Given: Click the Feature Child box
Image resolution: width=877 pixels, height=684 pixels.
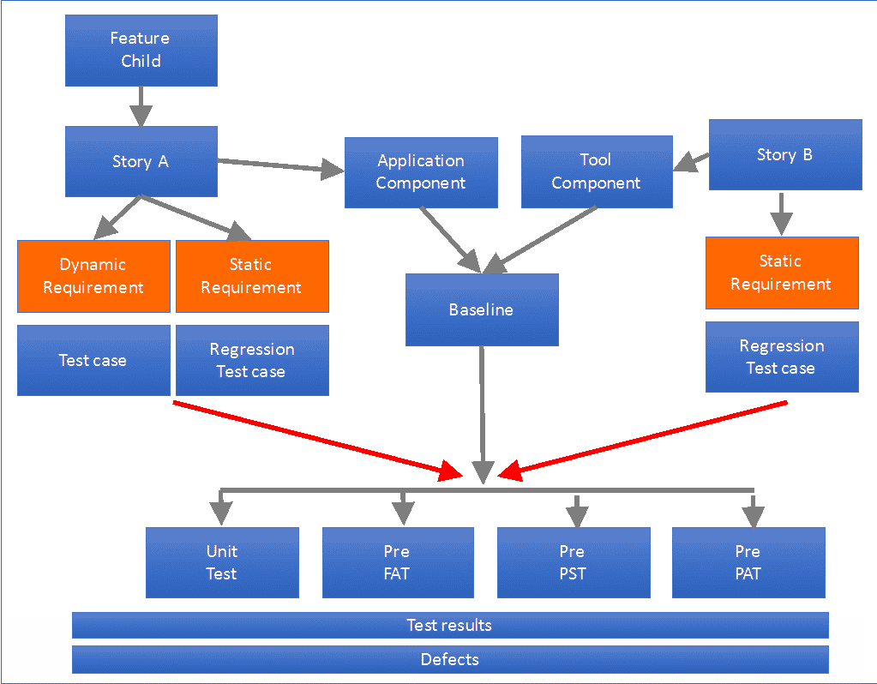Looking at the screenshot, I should click(141, 50).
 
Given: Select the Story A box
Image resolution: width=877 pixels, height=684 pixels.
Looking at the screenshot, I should click(141, 161).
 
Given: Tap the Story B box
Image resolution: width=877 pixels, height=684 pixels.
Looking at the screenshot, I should click(784, 154).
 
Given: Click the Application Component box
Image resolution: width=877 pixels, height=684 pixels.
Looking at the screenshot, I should click(421, 172).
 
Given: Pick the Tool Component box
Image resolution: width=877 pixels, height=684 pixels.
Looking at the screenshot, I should click(597, 172).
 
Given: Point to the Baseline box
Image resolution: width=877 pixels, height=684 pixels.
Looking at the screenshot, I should click(482, 309).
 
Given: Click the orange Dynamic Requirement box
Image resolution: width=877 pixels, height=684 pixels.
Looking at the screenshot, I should click(93, 276).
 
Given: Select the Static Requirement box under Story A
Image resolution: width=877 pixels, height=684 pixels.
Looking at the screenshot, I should click(251, 276).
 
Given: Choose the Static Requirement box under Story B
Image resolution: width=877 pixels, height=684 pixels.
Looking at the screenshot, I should click(781, 273).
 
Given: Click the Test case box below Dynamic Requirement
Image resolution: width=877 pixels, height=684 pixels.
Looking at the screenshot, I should click(93, 360).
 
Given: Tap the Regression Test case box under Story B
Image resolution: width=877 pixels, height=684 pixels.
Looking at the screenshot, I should click(781, 357).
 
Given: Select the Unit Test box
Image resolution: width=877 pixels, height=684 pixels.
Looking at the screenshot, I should click(222, 562).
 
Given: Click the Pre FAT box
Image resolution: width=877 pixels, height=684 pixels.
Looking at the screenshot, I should click(398, 562).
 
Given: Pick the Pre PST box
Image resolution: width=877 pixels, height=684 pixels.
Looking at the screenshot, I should click(573, 562).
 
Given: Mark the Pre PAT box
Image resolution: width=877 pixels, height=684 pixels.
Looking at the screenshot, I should click(748, 562).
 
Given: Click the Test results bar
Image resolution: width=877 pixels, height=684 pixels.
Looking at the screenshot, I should click(450, 625).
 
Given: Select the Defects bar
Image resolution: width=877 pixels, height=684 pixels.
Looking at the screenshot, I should click(450, 659).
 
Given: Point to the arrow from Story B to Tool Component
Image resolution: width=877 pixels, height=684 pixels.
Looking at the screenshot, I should click(692, 162).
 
